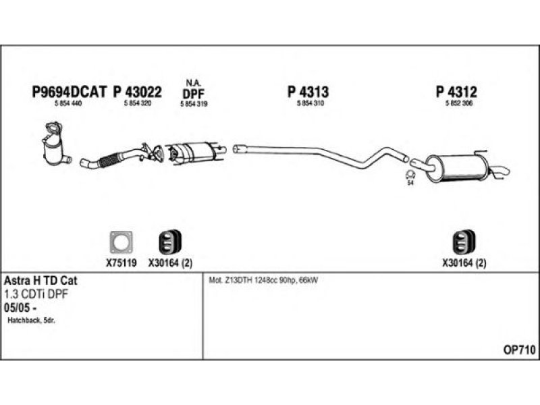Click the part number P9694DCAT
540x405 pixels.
point(70,92)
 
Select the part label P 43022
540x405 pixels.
point(138,92)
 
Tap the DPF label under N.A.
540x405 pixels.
point(194,94)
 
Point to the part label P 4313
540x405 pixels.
point(308,92)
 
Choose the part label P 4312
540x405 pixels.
point(457,92)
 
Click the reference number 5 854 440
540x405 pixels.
point(68,103)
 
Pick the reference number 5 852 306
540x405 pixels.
point(459,103)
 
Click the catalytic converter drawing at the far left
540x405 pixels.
point(55,144)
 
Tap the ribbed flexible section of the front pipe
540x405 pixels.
point(109,160)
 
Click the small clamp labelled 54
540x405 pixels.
point(410,174)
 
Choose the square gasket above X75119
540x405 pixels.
point(121,242)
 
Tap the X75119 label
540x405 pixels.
point(122,263)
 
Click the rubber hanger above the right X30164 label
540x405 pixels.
point(464,242)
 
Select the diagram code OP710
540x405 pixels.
point(519,350)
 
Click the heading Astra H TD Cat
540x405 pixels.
point(40,280)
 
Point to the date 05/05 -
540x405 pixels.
point(21,308)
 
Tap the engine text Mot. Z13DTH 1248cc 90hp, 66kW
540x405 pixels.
point(263,280)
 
